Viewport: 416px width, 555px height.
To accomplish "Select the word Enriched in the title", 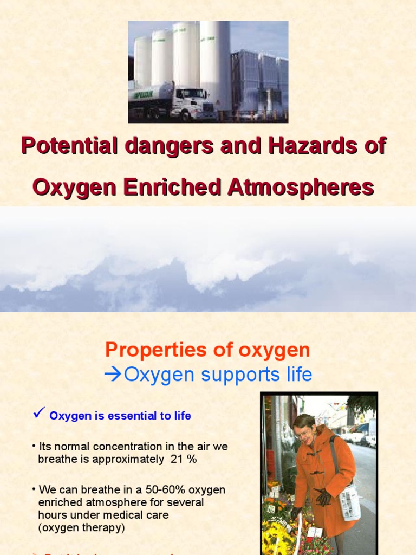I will (172, 188).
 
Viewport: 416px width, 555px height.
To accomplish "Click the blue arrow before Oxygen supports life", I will (113, 375).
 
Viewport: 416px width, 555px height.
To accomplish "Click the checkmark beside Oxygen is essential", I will (38, 414).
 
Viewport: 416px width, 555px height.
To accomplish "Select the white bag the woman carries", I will (349, 501).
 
